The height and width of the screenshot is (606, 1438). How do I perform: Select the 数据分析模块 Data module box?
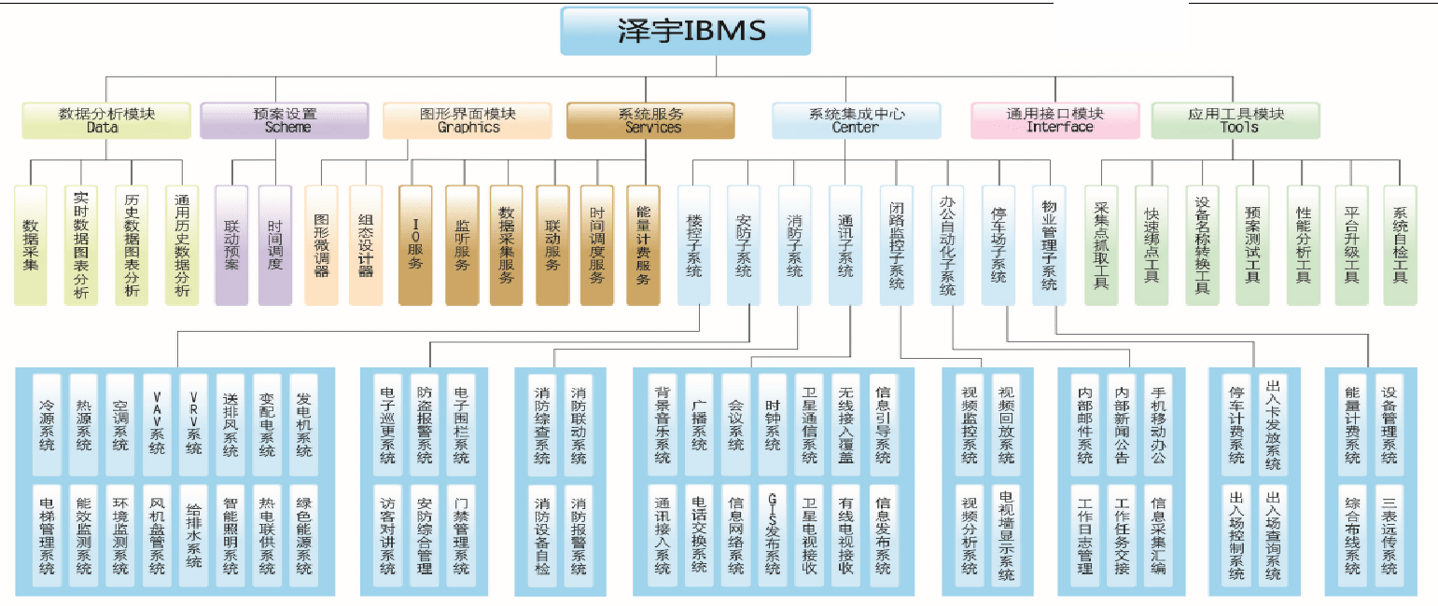(106, 120)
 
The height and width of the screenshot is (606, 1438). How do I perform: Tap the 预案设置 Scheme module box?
(286, 120)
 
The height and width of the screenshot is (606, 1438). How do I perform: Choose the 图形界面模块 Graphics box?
(468, 120)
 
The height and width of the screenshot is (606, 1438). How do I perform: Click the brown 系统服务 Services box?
(650, 120)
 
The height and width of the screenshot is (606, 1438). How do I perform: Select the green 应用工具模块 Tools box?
(1236, 120)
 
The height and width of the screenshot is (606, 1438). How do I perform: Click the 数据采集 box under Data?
(31, 244)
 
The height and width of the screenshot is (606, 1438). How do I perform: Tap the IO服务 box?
(415, 244)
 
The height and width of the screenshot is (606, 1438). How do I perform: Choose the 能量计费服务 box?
(643, 244)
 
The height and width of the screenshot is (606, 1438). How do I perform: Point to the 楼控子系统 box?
(693, 244)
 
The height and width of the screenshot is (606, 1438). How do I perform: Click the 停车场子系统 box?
(998, 244)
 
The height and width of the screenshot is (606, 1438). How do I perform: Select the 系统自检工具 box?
(1400, 244)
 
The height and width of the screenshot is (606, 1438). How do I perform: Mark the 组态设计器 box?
(366, 244)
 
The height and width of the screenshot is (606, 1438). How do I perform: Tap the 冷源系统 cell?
(48, 424)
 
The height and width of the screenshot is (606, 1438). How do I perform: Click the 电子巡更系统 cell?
(388, 424)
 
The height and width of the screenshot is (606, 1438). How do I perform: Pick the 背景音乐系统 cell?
(663, 424)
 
